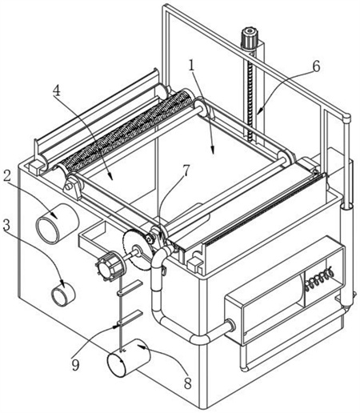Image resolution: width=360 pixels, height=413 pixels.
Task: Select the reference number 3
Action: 6,225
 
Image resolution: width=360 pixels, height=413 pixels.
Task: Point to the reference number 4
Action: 57,90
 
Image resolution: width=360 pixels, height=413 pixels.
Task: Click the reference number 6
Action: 316,66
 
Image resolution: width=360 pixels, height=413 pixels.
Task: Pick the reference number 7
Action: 186,170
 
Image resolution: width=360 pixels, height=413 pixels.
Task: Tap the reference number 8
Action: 188,383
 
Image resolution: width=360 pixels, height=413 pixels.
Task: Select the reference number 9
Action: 75,365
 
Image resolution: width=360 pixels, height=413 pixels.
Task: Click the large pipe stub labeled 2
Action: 57,223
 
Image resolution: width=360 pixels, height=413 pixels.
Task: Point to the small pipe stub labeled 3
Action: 63,294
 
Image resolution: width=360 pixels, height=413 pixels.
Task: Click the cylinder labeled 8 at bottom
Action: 129,357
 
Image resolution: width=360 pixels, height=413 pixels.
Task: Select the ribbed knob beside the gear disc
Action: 110,267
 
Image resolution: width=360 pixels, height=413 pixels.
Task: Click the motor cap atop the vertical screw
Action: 250,38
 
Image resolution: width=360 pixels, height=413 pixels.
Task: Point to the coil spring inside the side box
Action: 318,279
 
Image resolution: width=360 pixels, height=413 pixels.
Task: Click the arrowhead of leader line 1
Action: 213,151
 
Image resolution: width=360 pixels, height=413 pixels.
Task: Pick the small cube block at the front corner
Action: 195,264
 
